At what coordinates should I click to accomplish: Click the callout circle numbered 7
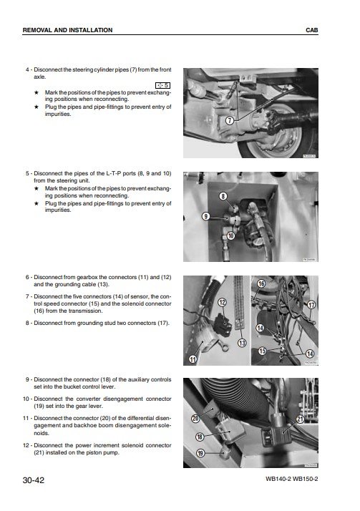[230, 120]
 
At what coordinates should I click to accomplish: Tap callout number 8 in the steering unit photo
[223, 196]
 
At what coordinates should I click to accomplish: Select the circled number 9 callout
[205, 216]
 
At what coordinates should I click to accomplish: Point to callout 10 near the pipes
[230, 235]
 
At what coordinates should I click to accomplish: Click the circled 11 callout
[193, 359]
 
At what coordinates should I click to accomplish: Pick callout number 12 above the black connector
[222, 303]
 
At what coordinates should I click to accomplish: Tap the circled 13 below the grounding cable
[242, 343]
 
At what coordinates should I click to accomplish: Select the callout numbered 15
[262, 351]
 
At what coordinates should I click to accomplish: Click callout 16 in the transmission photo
[261, 284]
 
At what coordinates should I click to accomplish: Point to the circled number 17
[311, 305]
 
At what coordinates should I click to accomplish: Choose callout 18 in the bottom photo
[200, 437]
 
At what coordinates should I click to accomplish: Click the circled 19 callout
[200, 453]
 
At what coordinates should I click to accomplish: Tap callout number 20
[195, 418]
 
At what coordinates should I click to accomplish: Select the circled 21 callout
[300, 419]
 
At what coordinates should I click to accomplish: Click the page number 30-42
[33, 480]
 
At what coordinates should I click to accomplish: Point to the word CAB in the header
[312, 30]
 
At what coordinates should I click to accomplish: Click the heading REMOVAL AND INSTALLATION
[67, 30]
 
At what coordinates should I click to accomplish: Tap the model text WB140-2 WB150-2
[291, 479]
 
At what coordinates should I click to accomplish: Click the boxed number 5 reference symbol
[163, 85]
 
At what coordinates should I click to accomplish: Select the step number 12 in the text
[26, 445]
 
